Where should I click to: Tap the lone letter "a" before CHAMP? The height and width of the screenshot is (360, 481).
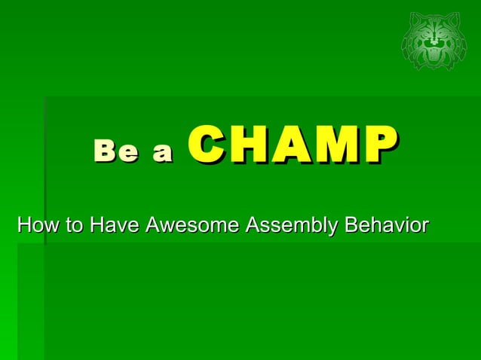[x=161, y=154]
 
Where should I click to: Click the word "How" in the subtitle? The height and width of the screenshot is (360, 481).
[x=36, y=225]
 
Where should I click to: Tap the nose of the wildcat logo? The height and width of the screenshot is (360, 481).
[x=434, y=44]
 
